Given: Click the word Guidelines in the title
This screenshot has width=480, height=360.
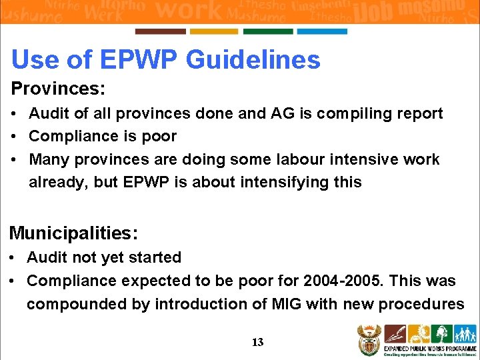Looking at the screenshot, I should tap(253, 60).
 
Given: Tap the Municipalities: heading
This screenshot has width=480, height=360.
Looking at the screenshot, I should tap(73, 233).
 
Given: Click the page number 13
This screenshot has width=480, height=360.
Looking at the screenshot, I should tap(257, 343).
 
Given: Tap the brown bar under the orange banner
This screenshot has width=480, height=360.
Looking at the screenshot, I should tap(160, 31).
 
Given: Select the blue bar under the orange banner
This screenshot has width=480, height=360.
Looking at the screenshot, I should tap(322, 31).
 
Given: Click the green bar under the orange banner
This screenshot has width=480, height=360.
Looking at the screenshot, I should tap(268, 31).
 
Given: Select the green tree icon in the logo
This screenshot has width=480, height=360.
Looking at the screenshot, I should tap(441, 334).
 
